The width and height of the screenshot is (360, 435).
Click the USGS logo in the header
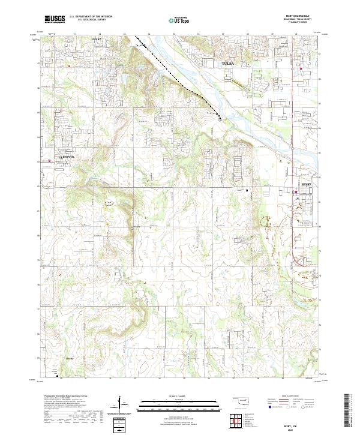(55, 19)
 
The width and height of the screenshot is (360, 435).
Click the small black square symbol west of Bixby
(247, 191)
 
